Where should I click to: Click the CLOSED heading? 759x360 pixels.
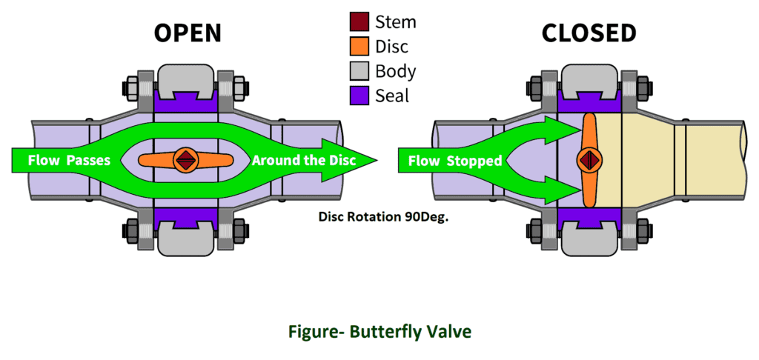pyautogui.click(x=589, y=33)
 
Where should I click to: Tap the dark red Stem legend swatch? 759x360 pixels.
pyautogui.click(x=360, y=21)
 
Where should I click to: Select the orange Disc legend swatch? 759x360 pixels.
pyautogui.click(x=360, y=47)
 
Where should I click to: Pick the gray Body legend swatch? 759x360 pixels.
pyautogui.click(x=360, y=72)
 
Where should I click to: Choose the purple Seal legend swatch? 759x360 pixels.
pyautogui.click(x=360, y=96)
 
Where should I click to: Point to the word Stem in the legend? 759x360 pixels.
pyautogui.click(x=396, y=21)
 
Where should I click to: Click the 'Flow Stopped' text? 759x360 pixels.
pyautogui.click(x=451, y=160)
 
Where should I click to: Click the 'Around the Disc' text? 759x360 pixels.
pyautogui.click(x=305, y=160)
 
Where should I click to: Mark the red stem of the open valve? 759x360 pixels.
pyautogui.click(x=185, y=159)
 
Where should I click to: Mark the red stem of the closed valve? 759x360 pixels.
pyautogui.click(x=589, y=159)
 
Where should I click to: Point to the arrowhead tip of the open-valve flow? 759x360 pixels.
pyautogui.click(x=377, y=159)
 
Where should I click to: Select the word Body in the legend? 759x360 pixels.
pyautogui.click(x=396, y=72)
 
